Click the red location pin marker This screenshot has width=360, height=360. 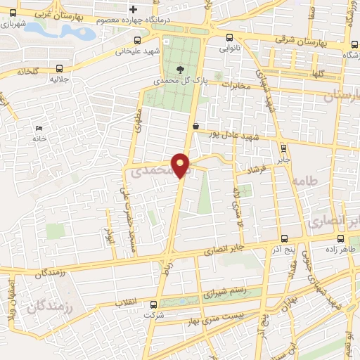point(181,165)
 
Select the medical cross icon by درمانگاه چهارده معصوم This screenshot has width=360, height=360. point(133,8)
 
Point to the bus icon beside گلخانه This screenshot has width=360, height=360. point(59,69)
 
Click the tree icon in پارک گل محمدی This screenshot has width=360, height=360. point(181,69)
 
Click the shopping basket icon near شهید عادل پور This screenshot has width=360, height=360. point(194,125)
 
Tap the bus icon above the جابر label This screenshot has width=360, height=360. point(283,148)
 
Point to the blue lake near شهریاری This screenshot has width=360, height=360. point(67,32)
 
